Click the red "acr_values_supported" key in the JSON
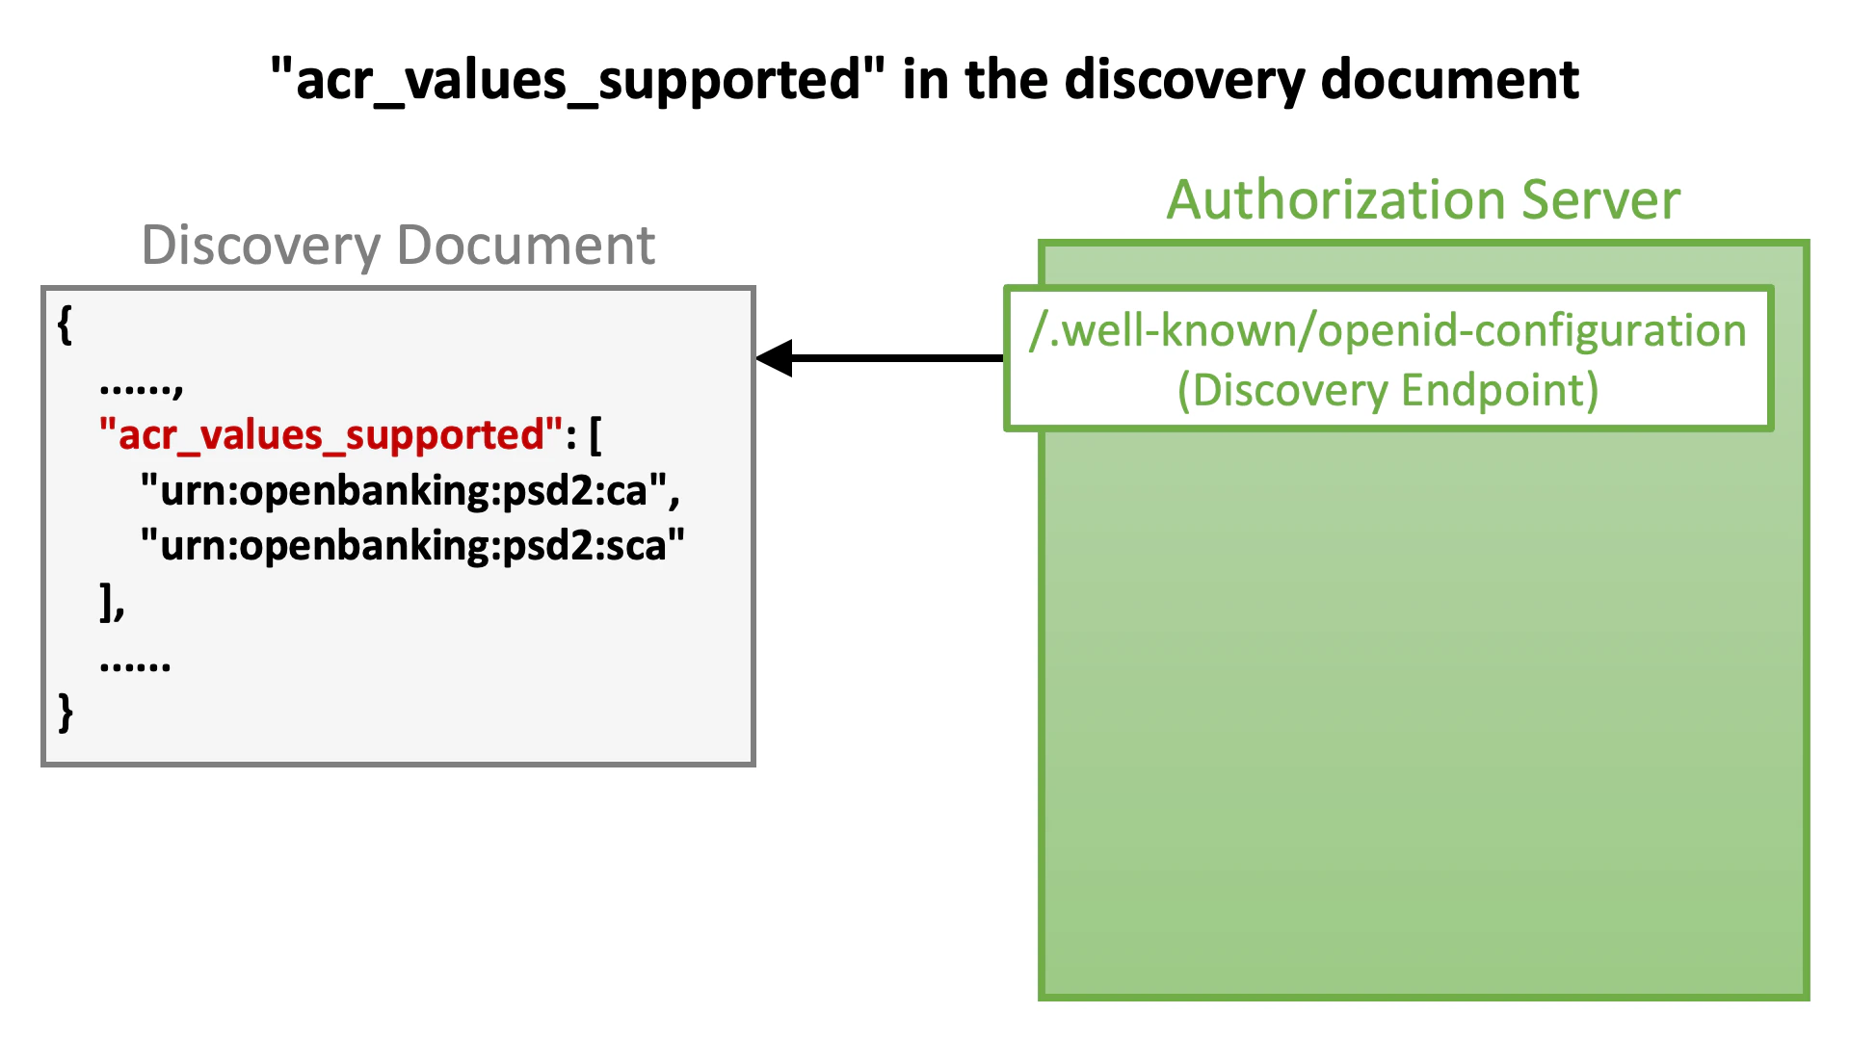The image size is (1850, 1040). pos(330,435)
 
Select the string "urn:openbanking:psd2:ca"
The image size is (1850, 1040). pos(404,491)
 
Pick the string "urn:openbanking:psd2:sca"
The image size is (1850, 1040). pos(412,546)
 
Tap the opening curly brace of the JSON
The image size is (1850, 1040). pos(65,325)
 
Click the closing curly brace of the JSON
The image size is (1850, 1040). pos(65,713)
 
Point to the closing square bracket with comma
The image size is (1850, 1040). pos(112,603)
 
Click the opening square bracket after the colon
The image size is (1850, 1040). pos(595,435)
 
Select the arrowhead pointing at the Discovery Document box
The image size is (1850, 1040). pos(775,358)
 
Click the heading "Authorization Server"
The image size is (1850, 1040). pos(1423,200)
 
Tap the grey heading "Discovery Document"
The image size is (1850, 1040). pos(398,245)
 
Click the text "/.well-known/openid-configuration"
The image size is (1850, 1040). pos(1387,330)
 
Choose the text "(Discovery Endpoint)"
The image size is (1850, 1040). pos(1387,390)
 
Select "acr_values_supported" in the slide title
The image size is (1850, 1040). pos(577,80)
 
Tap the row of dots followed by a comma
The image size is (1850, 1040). pos(141,387)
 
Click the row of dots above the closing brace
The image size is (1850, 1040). pos(135,664)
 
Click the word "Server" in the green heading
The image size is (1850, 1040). pos(1600,200)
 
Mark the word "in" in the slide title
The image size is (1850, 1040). pos(926,80)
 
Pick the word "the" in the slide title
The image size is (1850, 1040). pos(1007,80)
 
